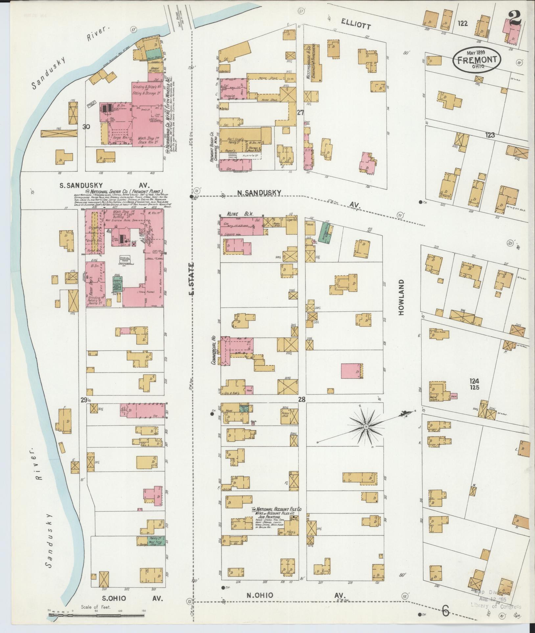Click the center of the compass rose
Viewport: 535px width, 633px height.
[x=365, y=426]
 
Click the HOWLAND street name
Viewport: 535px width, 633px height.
[x=401, y=298]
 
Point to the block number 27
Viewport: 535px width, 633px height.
[x=300, y=113]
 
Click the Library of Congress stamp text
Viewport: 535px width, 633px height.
[x=496, y=606]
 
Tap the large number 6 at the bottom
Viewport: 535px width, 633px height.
[x=445, y=610]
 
